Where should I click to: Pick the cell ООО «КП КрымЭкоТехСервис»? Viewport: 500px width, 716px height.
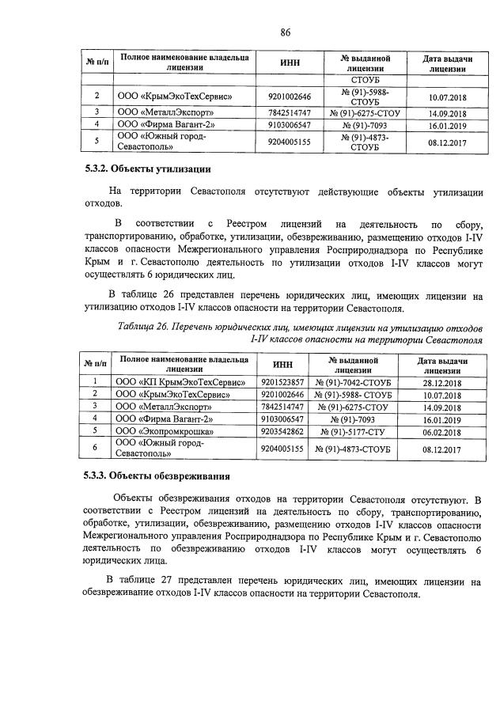(x=180, y=381)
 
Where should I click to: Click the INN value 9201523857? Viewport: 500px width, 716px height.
(x=282, y=381)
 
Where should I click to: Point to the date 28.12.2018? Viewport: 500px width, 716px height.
(x=441, y=382)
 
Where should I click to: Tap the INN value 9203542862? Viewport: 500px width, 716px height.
(x=282, y=430)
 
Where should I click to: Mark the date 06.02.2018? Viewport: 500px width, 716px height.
(x=441, y=431)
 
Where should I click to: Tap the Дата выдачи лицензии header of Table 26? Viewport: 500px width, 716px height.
(x=441, y=364)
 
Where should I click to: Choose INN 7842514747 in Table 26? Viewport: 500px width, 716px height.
(x=282, y=406)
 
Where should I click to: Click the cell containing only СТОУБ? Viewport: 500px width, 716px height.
(x=365, y=79)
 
